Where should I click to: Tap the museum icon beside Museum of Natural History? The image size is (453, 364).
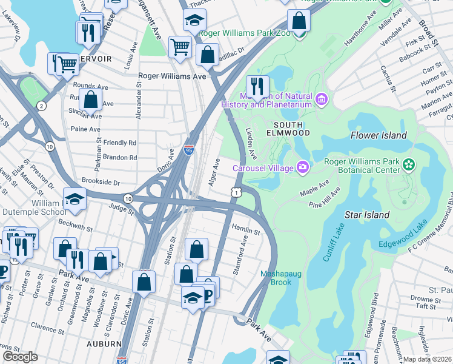321,98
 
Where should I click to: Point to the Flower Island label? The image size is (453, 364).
378,135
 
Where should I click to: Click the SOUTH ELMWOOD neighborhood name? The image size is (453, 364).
289,128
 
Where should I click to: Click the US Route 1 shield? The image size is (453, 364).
235,192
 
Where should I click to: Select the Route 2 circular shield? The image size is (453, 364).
41,106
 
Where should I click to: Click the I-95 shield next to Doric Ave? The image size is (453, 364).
189,149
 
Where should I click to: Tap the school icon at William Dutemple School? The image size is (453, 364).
74,200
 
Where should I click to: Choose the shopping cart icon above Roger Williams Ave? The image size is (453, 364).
180,46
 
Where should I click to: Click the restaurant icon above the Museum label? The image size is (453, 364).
257,86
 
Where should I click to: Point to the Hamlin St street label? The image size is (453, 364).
246,232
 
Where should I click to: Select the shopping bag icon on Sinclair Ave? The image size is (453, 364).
90,98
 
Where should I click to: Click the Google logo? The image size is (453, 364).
20,357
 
